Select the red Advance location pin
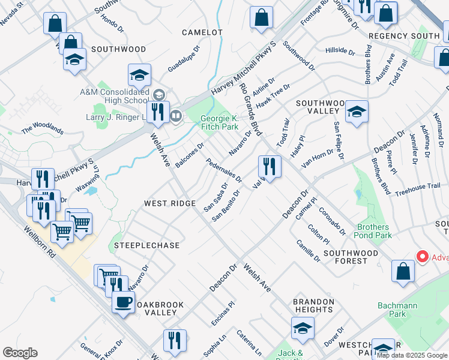click(423, 257)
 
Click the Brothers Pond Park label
click(375, 231)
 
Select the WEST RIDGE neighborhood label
click(169, 203)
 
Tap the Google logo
click(20, 353)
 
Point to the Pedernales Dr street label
click(223, 170)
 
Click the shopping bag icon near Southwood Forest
click(403, 271)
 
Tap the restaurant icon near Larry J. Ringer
click(158, 112)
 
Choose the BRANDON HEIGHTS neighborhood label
click(313, 306)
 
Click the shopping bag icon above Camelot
click(261, 17)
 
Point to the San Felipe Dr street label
click(339, 141)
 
